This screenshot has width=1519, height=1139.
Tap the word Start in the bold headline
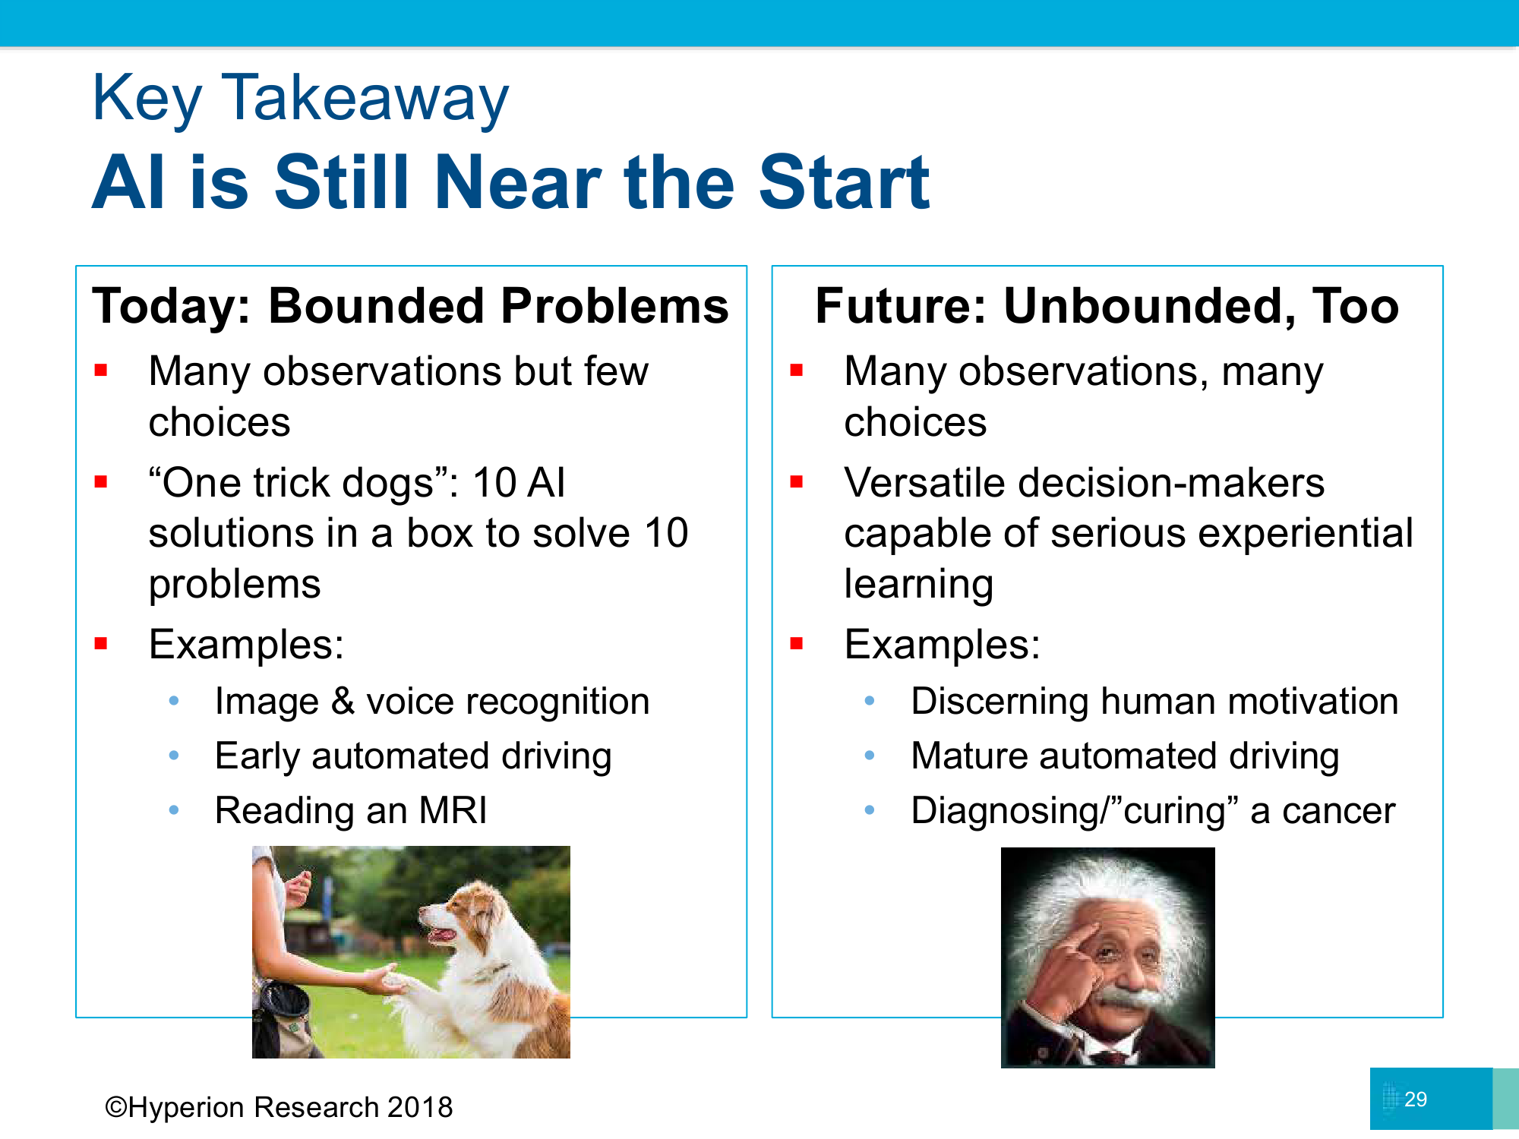coord(844,182)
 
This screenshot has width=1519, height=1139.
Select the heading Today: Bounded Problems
coord(410,306)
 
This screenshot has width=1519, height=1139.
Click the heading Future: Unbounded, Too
coord(1107,306)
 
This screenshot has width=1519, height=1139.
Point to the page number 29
coord(1416,1099)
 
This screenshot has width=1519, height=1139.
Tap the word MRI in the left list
coord(453,810)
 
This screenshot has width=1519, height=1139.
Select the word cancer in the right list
coord(1338,811)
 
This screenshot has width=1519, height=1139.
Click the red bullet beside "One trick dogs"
coord(101,481)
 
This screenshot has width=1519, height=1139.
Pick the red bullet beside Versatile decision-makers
coord(797,481)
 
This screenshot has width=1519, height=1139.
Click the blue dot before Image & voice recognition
coord(174,700)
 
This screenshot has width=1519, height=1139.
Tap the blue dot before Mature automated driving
coord(870,756)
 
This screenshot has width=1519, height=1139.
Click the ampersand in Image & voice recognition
coord(343,701)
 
